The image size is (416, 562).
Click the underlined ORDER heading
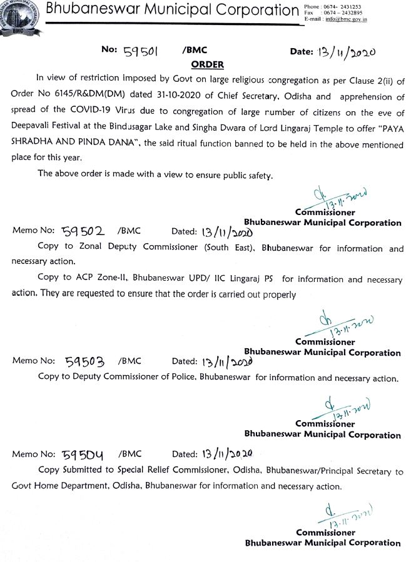pyautogui.click(x=206, y=64)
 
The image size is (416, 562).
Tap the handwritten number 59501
pyautogui.click(x=140, y=53)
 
